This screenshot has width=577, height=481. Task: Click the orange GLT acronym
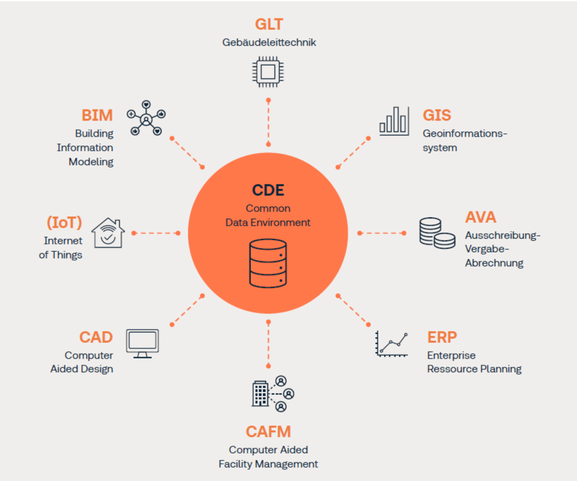[268, 24]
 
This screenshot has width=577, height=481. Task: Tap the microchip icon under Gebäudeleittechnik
[268, 72]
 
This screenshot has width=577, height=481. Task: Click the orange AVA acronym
[480, 217]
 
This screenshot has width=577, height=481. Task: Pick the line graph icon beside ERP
[392, 344]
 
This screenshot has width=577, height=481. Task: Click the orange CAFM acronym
[268, 431]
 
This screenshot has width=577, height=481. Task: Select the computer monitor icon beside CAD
[142, 343]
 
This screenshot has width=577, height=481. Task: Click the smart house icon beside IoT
[108, 233]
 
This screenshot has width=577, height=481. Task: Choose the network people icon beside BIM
[146, 118]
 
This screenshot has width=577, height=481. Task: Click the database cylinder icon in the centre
[268, 265]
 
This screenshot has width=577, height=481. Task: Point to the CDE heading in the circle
[268, 190]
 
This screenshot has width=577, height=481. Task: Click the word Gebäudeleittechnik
[269, 42]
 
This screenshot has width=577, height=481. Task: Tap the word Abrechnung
[494, 263]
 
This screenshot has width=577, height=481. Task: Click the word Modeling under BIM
[91, 162]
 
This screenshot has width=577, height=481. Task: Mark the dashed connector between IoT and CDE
[156, 233]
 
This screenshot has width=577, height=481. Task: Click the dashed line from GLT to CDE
[268, 123]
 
